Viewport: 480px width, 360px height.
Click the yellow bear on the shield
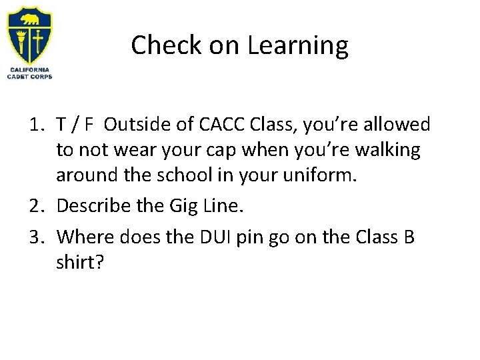pos(29,16)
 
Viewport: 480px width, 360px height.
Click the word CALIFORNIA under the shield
pos(29,69)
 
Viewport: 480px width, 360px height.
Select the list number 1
pos(37,124)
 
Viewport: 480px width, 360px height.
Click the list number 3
pos(37,238)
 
